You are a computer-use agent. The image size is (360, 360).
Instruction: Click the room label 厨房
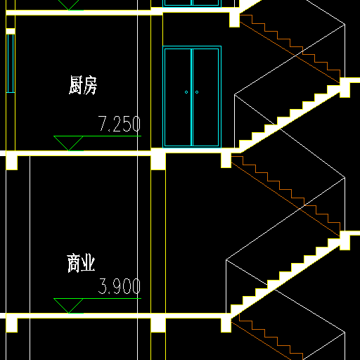(x=83, y=85)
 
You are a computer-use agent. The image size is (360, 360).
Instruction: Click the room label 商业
(x=81, y=263)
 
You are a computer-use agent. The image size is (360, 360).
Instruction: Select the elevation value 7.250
(x=120, y=124)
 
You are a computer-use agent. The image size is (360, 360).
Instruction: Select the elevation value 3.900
(x=120, y=286)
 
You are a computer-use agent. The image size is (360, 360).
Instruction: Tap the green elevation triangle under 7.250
(x=68, y=143)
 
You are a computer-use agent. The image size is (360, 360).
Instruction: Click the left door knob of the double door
(x=186, y=92)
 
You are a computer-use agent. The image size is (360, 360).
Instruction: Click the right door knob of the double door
(x=197, y=92)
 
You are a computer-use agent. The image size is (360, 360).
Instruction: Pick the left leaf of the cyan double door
(x=178, y=97)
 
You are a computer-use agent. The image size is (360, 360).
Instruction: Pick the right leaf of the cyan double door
(x=206, y=97)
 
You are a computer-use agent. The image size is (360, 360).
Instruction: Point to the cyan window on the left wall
(x=11, y=63)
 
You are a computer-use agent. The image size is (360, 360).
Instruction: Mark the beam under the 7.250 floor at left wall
(x=12, y=161)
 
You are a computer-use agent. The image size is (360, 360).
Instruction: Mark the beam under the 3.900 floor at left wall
(x=12, y=323)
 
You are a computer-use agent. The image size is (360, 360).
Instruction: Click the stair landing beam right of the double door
(x=226, y=160)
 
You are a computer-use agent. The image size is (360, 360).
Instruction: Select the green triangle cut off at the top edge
(x=68, y=5)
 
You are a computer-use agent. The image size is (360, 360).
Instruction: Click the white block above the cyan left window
(x=11, y=31)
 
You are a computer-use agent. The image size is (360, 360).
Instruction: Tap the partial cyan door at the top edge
(x=192, y=4)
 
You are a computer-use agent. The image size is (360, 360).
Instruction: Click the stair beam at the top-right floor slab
(x=234, y=20)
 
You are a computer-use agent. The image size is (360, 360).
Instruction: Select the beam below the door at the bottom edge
(x=158, y=324)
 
